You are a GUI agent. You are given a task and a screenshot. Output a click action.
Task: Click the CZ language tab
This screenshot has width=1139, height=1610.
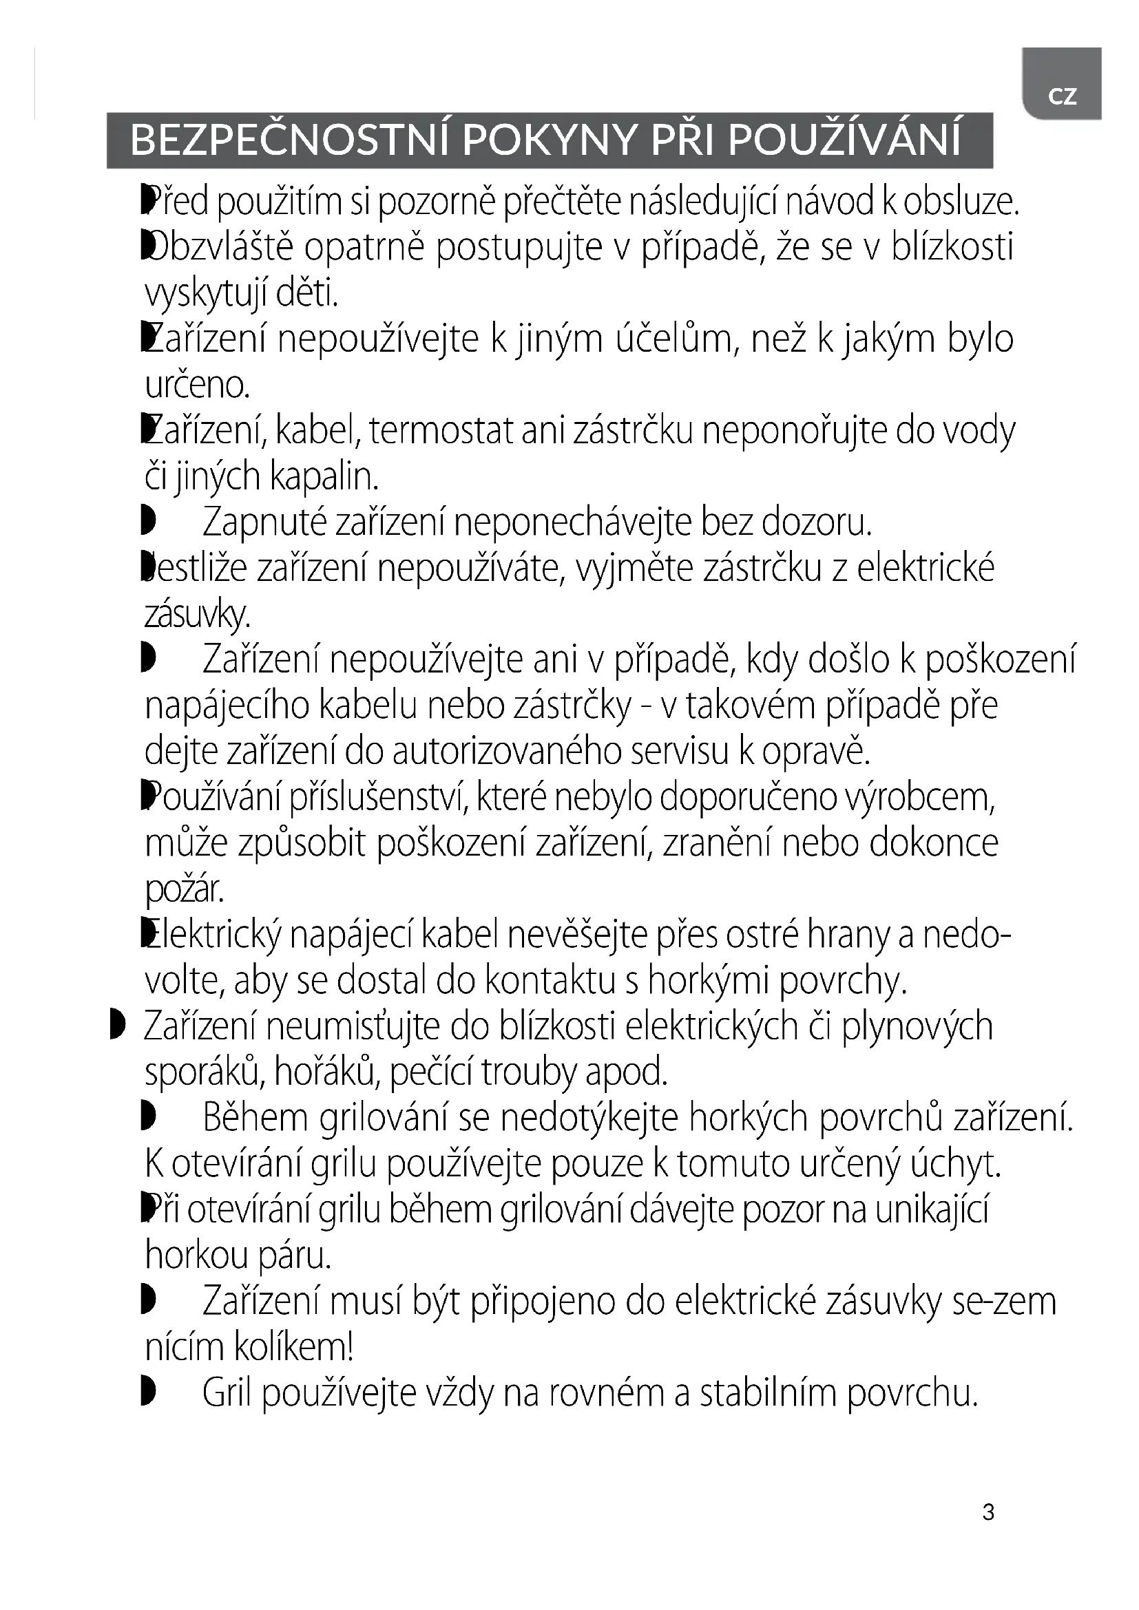pyautogui.click(x=1062, y=96)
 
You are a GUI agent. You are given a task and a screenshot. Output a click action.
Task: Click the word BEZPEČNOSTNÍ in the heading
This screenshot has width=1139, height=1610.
pyautogui.click(x=291, y=140)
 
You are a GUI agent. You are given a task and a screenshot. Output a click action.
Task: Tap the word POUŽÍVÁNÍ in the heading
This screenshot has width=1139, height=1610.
pyautogui.click(x=844, y=140)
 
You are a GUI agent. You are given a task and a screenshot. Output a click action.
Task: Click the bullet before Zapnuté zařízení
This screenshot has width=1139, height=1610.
pyautogui.click(x=147, y=522)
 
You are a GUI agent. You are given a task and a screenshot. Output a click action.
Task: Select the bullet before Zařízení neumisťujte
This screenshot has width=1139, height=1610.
pyautogui.click(x=117, y=1025)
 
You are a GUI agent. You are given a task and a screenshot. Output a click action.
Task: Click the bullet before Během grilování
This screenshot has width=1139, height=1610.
pyautogui.click(x=147, y=1117)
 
